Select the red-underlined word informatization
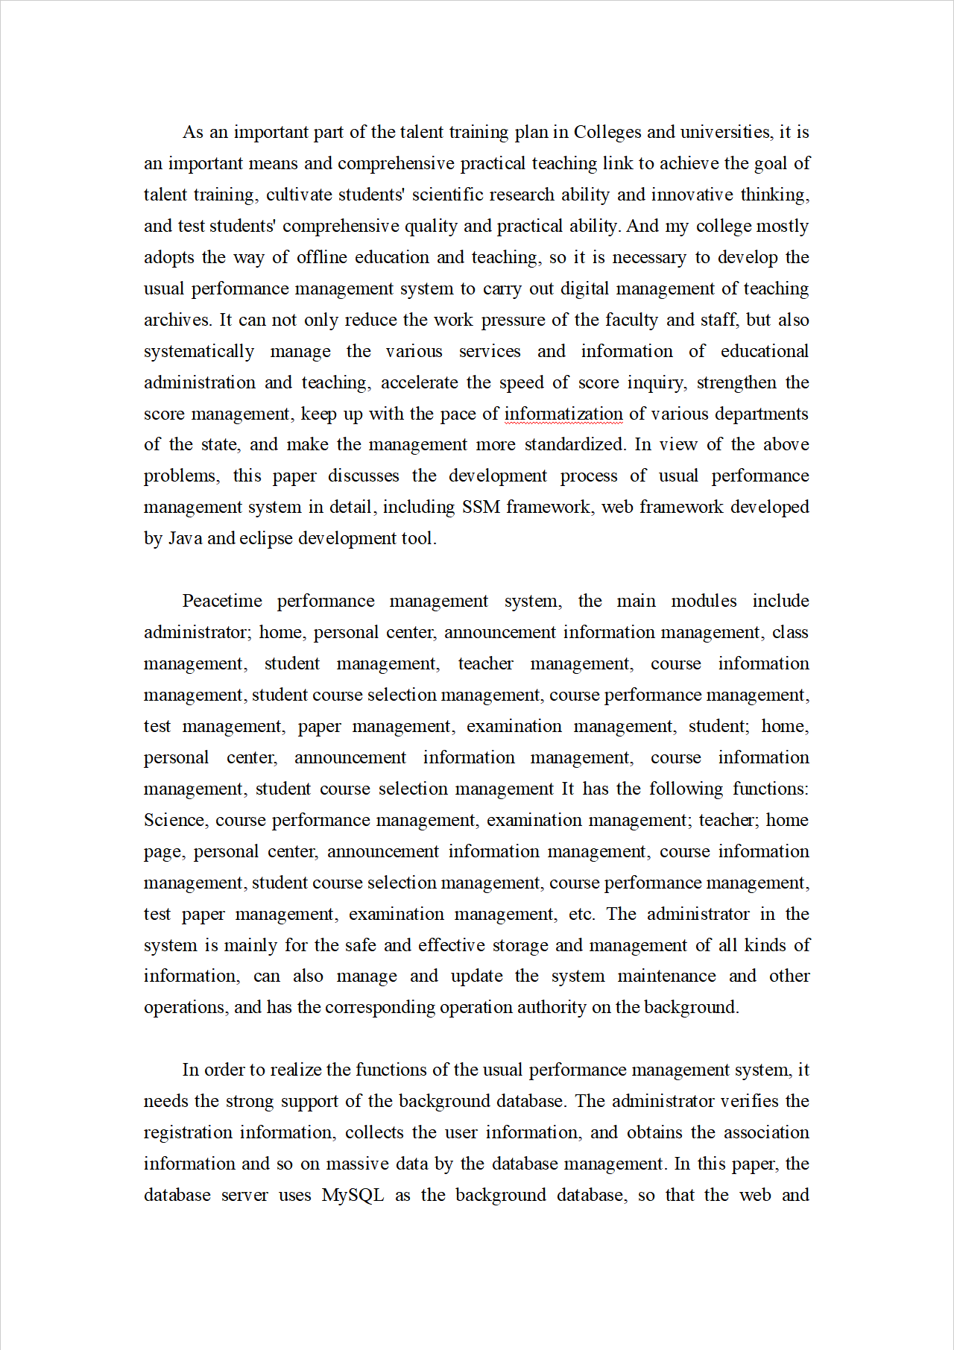[563, 414]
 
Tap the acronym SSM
[481, 508]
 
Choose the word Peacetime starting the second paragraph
[222, 602]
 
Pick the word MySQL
[353, 1196]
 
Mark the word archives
[177, 321]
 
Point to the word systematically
[199, 352]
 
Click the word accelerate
[420, 383]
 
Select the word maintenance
[666, 977]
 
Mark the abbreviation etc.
[581, 915]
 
